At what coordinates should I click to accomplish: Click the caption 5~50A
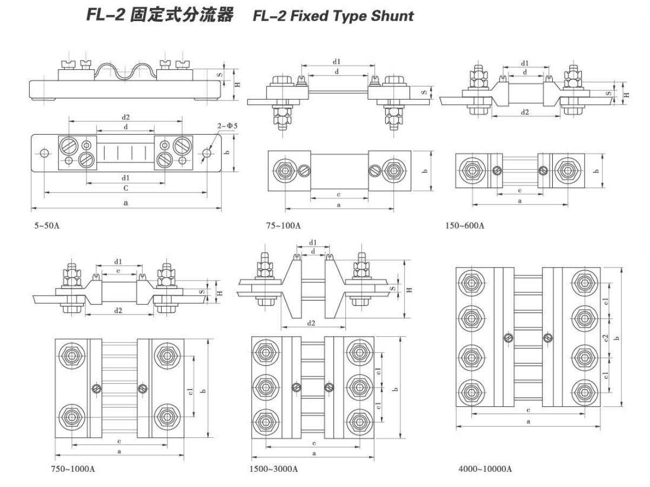coord(47,225)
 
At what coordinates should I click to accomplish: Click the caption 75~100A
coord(283,225)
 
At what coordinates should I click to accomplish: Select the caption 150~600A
coord(465,225)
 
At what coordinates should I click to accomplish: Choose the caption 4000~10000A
coord(481,468)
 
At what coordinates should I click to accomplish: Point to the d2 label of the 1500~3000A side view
coord(312,323)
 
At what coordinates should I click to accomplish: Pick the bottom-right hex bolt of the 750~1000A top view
coord(165,417)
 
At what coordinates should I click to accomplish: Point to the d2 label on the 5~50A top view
coord(125,117)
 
